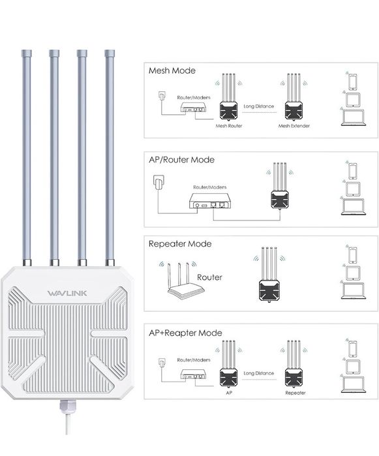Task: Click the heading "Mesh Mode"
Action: [172, 70]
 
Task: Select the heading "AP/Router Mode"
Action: [181, 159]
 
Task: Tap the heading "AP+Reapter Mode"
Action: [185, 333]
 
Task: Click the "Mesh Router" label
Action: [228, 125]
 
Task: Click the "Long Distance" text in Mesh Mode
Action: [258, 106]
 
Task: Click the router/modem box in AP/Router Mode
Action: [210, 202]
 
